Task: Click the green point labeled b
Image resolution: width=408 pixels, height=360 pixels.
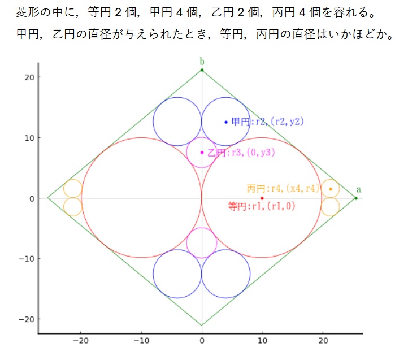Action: tap(202, 70)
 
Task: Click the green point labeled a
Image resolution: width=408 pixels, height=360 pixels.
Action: tap(355, 198)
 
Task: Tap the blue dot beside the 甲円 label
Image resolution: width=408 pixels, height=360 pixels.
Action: tap(226, 122)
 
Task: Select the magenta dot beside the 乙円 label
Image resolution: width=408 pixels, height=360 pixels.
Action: tap(202, 152)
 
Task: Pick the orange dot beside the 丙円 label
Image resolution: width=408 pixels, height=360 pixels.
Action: tap(331, 189)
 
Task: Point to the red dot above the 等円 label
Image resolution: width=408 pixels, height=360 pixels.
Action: tap(262, 198)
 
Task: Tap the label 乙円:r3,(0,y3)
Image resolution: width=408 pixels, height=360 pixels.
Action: tap(241, 153)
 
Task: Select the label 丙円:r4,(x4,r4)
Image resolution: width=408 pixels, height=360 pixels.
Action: tap(283, 189)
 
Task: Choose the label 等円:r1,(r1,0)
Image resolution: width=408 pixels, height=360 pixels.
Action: tap(262, 206)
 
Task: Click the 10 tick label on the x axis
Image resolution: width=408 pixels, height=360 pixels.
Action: tap(262, 341)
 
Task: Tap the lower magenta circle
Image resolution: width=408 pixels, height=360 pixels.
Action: tap(202, 243)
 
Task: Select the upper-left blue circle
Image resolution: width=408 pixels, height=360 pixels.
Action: tap(177, 122)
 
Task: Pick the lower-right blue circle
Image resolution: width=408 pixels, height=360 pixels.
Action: tap(226, 274)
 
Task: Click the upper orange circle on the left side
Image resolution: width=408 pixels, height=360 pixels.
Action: tap(72, 189)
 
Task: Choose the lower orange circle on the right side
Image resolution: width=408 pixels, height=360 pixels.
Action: tap(331, 207)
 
